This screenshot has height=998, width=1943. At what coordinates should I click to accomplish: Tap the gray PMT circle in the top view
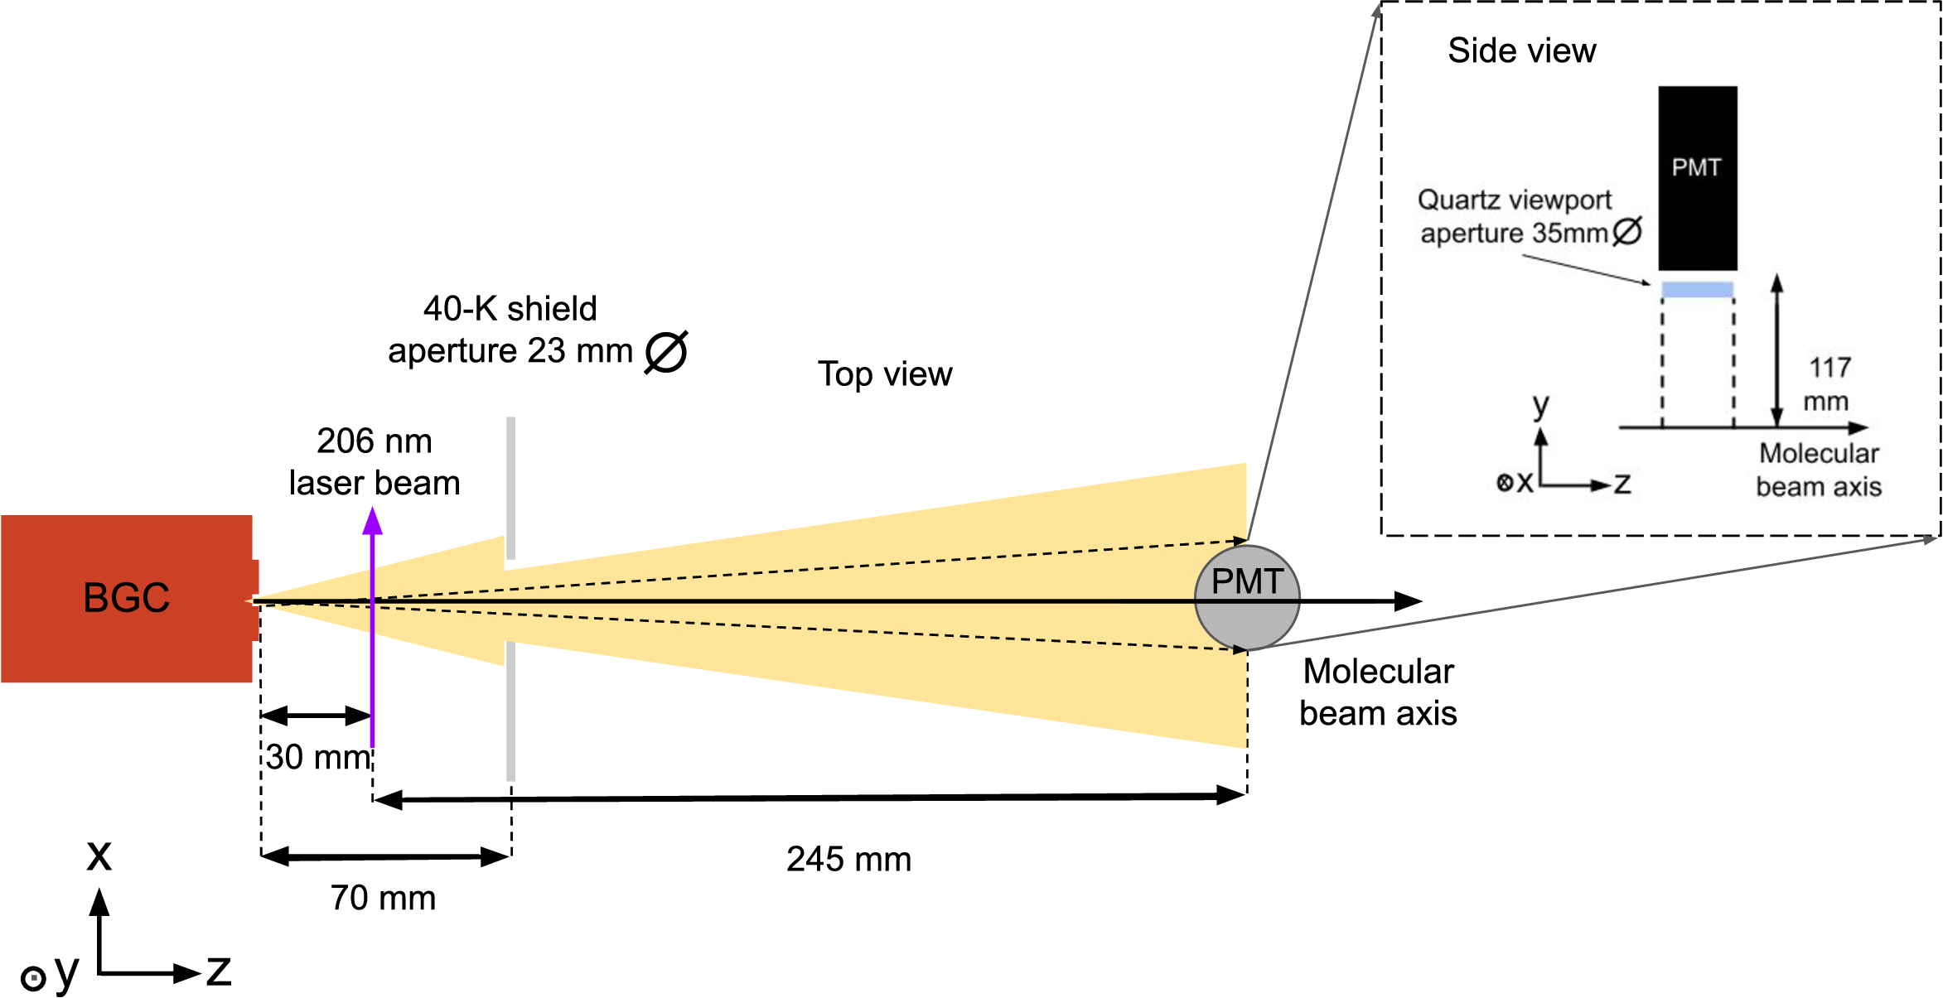[1247, 617]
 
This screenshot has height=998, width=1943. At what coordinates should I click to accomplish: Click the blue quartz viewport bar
[1697, 289]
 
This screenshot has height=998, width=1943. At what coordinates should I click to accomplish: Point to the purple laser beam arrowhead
[373, 522]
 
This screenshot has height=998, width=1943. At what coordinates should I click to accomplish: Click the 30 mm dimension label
[317, 757]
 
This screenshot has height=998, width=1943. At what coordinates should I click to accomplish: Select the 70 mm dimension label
[383, 898]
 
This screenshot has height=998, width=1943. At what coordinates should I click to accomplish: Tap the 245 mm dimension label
[848, 860]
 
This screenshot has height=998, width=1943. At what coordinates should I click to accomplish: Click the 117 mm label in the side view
[1828, 384]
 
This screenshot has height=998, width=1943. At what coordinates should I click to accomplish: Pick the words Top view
[885, 374]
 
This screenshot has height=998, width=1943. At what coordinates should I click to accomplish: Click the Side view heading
[1521, 51]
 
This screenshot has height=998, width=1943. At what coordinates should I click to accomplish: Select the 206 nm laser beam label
[375, 462]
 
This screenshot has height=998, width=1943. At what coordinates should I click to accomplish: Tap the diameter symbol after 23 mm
[666, 352]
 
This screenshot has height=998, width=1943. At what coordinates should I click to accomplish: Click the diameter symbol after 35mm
[1627, 232]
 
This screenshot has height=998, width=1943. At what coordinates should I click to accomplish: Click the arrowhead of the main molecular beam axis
[1408, 601]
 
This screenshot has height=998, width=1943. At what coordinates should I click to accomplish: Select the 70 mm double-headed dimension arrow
[385, 856]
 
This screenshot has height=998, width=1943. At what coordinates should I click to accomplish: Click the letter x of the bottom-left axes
[99, 855]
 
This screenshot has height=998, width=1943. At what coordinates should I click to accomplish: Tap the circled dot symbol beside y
[33, 979]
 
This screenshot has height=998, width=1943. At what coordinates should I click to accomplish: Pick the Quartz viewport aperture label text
[1515, 217]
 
